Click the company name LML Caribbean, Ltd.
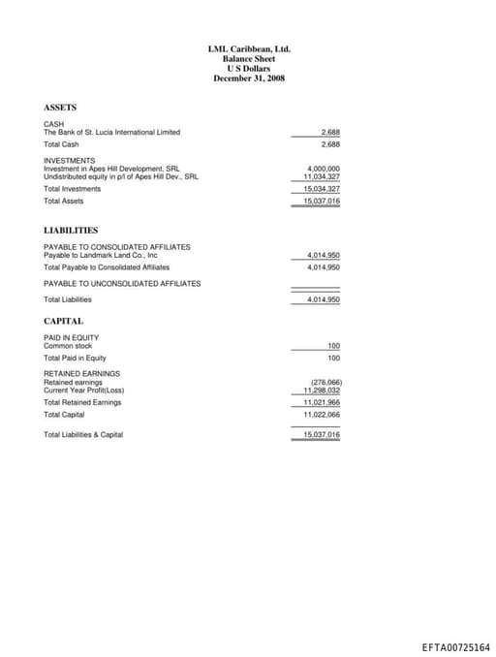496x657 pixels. pyautogui.click(x=249, y=48)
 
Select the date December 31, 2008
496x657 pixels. pyautogui.click(x=249, y=78)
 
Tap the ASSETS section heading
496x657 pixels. pyautogui.click(x=60, y=108)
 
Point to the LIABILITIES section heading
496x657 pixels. pyautogui.click(x=71, y=231)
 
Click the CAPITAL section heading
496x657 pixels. pyautogui.click(x=63, y=321)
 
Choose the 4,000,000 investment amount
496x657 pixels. pyautogui.click(x=323, y=169)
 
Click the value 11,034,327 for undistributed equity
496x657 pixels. pyautogui.click(x=322, y=176)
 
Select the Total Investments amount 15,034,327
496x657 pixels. pyautogui.click(x=322, y=189)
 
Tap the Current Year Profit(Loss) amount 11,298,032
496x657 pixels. pyautogui.click(x=322, y=390)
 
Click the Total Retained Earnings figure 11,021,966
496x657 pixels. pyautogui.click(x=322, y=402)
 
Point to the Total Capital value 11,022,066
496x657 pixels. pyautogui.click(x=322, y=414)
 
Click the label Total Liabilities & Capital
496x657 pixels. pyautogui.click(x=83, y=435)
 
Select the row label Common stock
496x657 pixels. pyautogui.click(x=68, y=346)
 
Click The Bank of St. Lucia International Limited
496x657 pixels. pyautogui.click(x=111, y=132)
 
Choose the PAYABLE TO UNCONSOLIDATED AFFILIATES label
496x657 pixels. pyautogui.click(x=122, y=283)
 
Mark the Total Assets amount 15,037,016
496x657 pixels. pyautogui.click(x=322, y=201)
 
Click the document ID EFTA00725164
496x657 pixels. pyautogui.click(x=455, y=647)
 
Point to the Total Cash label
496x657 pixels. pyautogui.click(x=61, y=144)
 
